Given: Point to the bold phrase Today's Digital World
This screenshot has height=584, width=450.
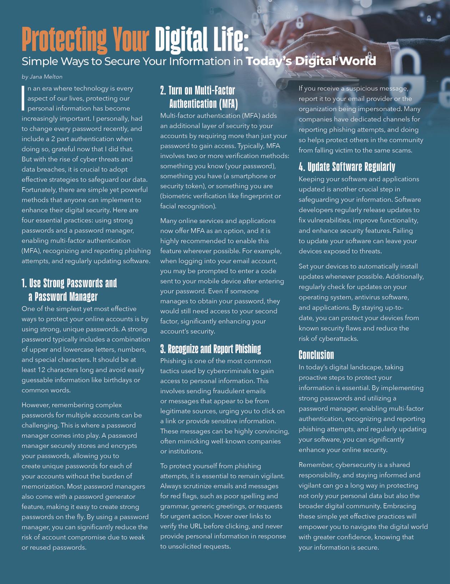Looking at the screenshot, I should point(310,61).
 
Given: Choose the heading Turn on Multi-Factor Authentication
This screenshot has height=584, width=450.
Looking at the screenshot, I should point(198,97).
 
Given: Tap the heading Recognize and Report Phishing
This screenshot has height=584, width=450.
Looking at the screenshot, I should point(211,349).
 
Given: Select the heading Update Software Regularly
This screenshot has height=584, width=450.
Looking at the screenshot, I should point(347,167).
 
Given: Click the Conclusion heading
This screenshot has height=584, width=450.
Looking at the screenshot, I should point(316,355).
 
